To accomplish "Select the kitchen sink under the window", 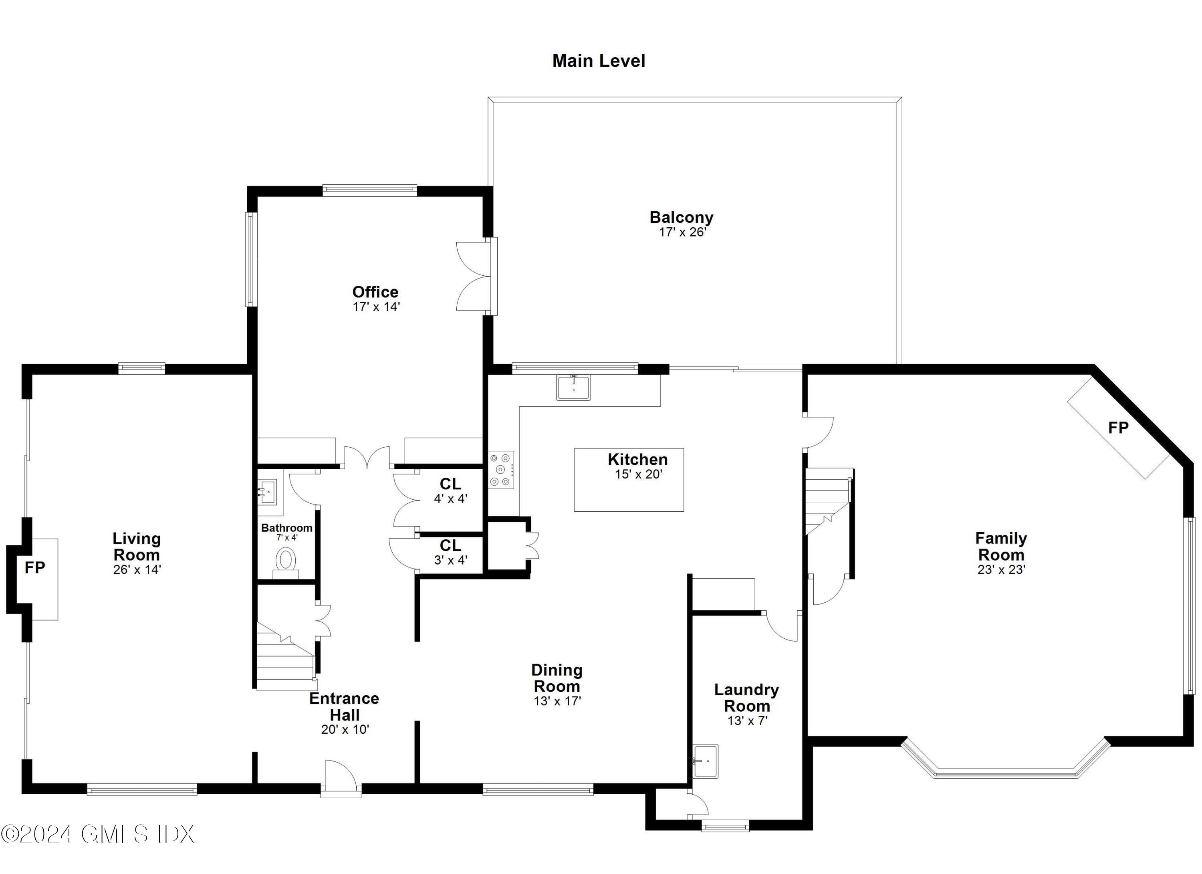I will pos(573,387).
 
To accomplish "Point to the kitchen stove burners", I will pos(501,469).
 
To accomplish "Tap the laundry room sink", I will pos(706,761).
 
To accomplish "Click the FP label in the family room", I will pos(1118,428).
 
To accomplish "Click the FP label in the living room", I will pos(35,568).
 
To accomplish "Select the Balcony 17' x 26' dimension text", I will pos(682,232).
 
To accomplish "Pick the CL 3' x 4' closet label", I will pos(450,552).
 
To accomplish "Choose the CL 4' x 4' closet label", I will pos(450,490).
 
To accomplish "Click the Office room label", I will pos(375,292).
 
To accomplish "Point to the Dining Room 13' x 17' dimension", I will pos(557,701).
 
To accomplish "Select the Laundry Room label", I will pos(746,698).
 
